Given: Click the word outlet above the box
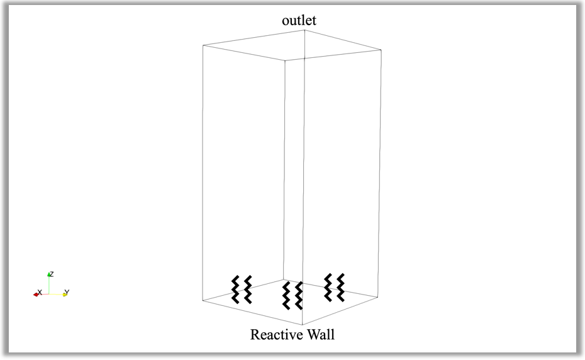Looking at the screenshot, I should click(299, 20).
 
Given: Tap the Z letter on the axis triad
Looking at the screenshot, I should click(52, 274).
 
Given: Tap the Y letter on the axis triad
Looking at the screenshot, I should click(67, 293).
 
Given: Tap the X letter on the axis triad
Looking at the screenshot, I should click(40, 293).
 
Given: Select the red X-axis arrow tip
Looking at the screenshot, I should click(36, 295).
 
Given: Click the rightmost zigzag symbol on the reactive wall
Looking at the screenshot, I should click(341, 287).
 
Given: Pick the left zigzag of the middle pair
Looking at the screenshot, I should click(286, 295).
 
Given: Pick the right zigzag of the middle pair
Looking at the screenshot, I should click(299, 295).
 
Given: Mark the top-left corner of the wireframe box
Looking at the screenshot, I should click(203, 45).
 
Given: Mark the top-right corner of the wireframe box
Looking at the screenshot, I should click(380, 50).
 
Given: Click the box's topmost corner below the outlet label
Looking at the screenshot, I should click(305, 31).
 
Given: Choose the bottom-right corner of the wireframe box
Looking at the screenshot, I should click(379, 293).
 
